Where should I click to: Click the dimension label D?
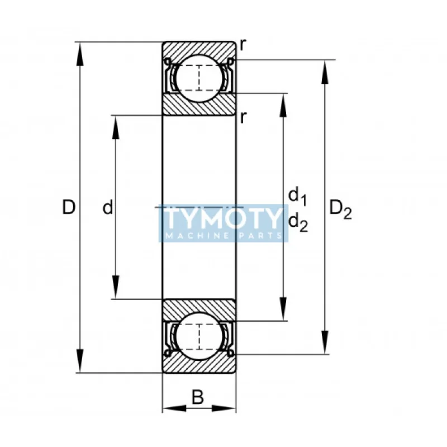69,207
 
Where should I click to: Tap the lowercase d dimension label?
108,207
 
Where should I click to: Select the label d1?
298,196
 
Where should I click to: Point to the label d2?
298,222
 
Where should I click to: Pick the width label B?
198,397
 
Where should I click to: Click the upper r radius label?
242,45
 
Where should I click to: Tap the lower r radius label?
242,117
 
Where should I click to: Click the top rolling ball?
199,78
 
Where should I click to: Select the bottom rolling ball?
199,337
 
